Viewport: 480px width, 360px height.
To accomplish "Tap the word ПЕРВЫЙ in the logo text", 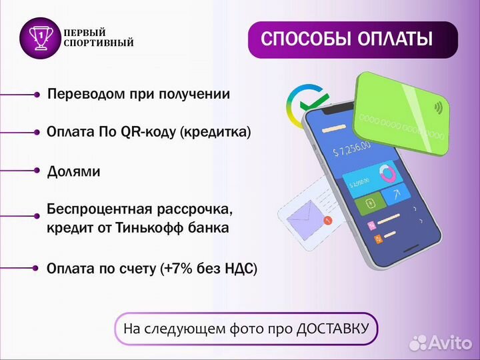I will pyautogui.click(x=84, y=33).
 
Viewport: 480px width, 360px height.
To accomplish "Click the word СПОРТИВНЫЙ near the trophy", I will pyautogui.click(x=98, y=43).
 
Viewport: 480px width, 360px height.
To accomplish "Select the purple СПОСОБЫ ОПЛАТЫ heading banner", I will pyautogui.click(x=353, y=39).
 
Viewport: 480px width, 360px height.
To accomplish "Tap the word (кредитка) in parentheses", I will pyautogui.click(x=215, y=132).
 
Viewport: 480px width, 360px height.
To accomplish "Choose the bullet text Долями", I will pyautogui.click(x=73, y=171).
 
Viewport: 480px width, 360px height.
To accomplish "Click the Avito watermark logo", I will pyautogui.click(x=440, y=342).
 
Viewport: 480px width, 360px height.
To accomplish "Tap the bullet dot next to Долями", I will pyautogui.click(x=37, y=171).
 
